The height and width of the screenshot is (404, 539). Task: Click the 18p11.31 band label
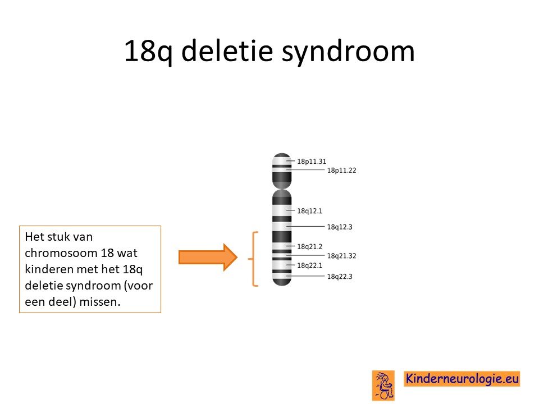click(x=312, y=162)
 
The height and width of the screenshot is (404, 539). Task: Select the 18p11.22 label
click(x=341, y=171)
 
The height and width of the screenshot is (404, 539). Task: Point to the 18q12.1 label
click(x=309, y=211)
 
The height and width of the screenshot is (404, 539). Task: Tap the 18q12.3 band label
click(x=339, y=227)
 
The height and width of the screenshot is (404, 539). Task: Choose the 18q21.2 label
click(x=309, y=247)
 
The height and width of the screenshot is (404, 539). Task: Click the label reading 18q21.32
click(x=341, y=256)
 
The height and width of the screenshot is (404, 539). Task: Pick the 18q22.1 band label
click(x=309, y=265)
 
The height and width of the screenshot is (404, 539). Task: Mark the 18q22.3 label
click(x=339, y=277)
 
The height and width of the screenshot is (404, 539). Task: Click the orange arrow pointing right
click(x=208, y=258)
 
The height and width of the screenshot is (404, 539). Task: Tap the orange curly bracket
click(x=254, y=259)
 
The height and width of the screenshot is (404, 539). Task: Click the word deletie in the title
click(x=227, y=51)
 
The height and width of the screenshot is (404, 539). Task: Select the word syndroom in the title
click(x=348, y=52)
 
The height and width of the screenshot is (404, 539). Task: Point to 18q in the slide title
click(x=148, y=52)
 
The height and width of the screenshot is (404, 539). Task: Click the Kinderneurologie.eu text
click(x=462, y=379)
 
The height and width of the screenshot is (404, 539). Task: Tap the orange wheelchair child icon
click(x=383, y=385)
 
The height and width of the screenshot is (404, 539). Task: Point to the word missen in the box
click(x=100, y=302)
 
